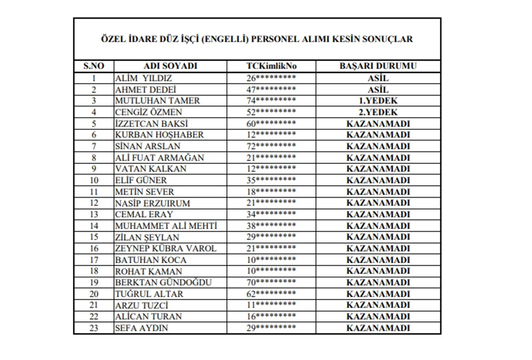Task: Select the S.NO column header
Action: [x=94, y=66]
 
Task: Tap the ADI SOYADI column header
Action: [x=170, y=66]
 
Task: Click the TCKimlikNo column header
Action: [x=271, y=66]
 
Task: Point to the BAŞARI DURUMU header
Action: [x=378, y=66]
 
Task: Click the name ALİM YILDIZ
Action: [x=144, y=78]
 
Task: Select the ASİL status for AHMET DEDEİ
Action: [x=378, y=90]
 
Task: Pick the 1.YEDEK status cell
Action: [x=378, y=101]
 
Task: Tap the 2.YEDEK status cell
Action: [x=378, y=112]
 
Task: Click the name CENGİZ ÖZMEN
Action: [x=149, y=112]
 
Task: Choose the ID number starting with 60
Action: [x=271, y=124]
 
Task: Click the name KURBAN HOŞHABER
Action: [x=159, y=135]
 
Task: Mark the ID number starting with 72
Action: [x=271, y=146]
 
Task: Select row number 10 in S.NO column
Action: [x=94, y=180]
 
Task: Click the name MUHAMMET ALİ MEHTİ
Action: [x=166, y=226]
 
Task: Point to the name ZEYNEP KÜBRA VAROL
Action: [x=165, y=248]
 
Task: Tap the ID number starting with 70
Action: [x=271, y=282]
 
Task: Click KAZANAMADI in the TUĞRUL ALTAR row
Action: [x=378, y=294]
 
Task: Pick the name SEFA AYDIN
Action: [x=142, y=328]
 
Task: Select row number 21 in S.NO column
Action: [x=94, y=305]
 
